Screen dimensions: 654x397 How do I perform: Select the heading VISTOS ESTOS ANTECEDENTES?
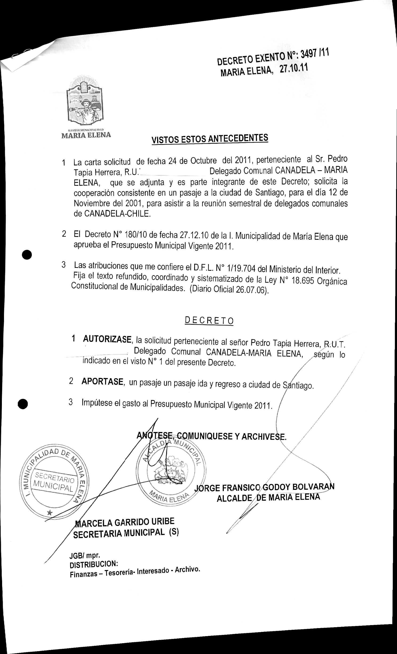(x=210, y=139)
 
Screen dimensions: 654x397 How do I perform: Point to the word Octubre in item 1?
(x=203, y=161)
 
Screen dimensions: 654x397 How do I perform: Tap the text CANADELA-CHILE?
(x=117, y=214)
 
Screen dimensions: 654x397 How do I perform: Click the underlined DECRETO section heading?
(x=209, y=321)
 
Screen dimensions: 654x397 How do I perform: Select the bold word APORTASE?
(x=103, y=381)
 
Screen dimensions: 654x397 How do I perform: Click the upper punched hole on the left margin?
(x=27, y=254)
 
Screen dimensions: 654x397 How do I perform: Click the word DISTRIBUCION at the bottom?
(x=94, y=564)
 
